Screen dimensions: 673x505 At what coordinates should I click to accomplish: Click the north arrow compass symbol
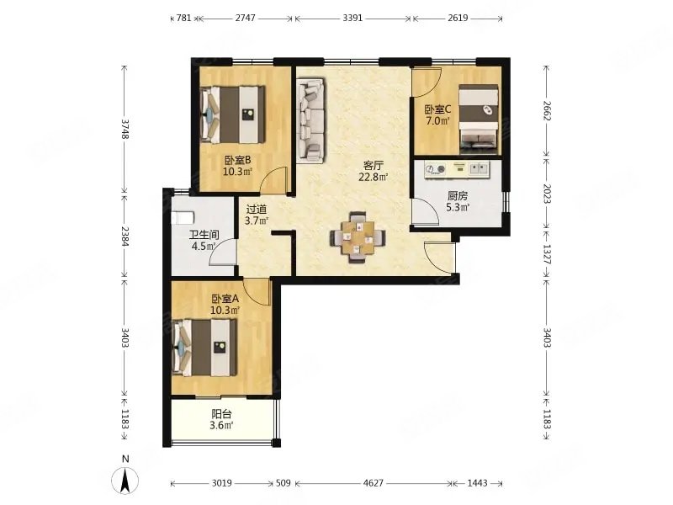point(125,480)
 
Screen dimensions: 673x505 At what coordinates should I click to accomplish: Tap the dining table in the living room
point(358,237)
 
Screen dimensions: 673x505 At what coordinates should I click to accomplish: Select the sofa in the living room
point(310,120)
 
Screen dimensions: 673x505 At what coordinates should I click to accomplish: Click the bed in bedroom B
point(232,114)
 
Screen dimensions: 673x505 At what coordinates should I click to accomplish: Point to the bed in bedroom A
point(204,348)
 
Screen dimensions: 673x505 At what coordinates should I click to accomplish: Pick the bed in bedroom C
point(479,120)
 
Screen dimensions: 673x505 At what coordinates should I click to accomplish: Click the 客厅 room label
point(373,165)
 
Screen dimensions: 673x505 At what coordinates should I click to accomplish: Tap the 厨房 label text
point(458,196)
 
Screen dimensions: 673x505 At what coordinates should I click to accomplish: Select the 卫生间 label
point(204,235)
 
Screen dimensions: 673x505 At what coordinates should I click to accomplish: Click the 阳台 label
point(222,414)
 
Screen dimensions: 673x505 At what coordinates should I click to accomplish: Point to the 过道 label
point(257,210)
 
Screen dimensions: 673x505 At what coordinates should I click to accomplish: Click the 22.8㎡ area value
point(374,177)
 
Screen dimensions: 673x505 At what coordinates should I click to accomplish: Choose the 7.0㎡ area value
point(437,120)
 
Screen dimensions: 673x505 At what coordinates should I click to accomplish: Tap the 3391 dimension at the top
point(352,18)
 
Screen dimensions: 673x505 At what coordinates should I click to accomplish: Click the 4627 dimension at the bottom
point(373,483)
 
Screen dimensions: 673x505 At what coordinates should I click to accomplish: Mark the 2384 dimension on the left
point(125,237)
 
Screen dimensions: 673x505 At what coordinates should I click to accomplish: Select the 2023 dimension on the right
point(546,194)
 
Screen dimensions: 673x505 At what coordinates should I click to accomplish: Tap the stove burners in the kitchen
point(435,170)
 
